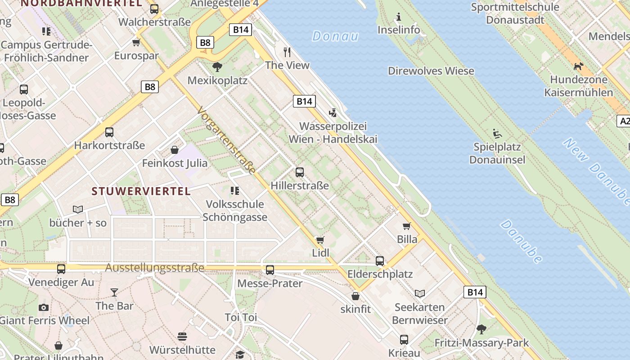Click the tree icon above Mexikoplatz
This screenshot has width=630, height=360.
[x=217, y=67]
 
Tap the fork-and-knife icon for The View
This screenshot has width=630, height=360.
[x=287, y=52]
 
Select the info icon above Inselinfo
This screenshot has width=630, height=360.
[x=398, y=17]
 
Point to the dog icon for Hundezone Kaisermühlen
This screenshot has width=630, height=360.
[x=578, y=67]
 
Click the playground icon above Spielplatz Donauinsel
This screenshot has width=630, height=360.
[x=497, y=134]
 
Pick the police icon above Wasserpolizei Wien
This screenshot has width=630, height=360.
[x=333, y=112]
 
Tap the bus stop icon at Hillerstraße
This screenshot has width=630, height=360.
[x=300, y=172]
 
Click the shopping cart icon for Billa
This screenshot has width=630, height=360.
[x=407, y=226]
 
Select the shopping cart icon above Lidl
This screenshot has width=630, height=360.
[x=320, y=239]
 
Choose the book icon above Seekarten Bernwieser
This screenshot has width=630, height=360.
[x=419, y=294]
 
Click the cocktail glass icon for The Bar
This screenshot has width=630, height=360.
[x=114, y=292]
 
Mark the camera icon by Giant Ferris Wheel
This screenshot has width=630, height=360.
[x=44, y=307]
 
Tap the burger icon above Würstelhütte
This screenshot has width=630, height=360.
[x=182, y=337]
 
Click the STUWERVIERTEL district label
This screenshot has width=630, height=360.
[x=141, y=191]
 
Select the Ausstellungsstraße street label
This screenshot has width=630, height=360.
[x=155, y=268]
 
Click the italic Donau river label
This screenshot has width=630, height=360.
[x=335, y=36]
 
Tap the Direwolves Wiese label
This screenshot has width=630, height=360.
[x=431, y=71]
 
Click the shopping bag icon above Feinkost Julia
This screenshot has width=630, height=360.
[x=175, y=149]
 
